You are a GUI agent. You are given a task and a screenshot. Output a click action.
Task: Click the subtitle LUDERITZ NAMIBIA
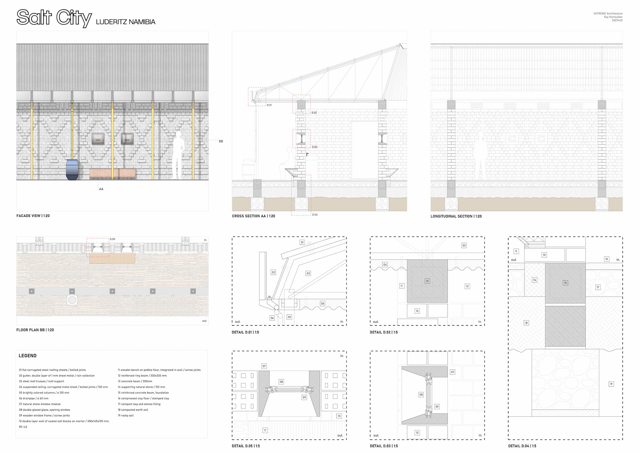click(126, 22)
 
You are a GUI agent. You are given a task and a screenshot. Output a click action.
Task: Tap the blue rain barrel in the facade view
click(72, 169)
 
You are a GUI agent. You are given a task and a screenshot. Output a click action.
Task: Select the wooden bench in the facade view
click(113, 173)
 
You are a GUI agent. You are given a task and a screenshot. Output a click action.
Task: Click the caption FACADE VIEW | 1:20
click(33, 216)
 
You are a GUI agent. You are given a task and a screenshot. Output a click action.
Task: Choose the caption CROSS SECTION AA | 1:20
click(253, 216)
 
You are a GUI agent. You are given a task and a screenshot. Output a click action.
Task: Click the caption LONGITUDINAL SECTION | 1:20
click(456, 216)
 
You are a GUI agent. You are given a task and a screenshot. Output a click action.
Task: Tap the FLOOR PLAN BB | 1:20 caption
click(35, 330)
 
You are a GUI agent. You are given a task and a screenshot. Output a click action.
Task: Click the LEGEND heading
click(28, 356)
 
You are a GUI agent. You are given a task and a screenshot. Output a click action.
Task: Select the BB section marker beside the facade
click(221, 141)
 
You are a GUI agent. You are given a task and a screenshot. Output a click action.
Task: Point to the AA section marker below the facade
click(101, 189)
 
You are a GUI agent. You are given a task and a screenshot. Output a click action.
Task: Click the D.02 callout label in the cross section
click(314, 113)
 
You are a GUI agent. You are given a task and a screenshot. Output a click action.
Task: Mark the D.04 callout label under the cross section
click(315, 214)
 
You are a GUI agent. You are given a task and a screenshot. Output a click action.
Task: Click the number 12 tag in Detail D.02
click(427, 281)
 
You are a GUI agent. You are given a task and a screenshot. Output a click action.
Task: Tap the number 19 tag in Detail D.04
click(611, 384)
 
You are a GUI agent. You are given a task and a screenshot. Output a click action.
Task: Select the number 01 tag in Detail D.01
click(302, 242)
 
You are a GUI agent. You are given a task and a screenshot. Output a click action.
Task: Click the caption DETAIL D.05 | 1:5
click(246, 446)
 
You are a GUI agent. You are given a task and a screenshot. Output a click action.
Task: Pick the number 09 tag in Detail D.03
click(437, 407)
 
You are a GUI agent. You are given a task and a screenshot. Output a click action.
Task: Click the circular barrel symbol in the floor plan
click(72, 300)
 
